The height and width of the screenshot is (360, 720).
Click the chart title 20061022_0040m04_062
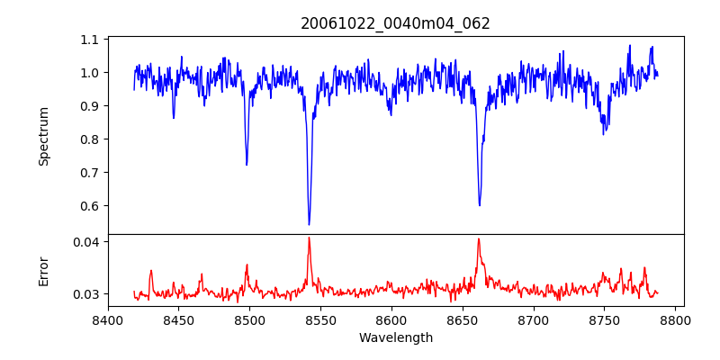395,23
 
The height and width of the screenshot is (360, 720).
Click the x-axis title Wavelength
395,338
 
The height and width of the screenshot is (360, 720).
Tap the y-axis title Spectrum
43,136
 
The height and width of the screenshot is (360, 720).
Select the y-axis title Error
43,271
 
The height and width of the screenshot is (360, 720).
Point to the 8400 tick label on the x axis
108,319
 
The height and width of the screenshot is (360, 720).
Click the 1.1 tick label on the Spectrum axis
90,40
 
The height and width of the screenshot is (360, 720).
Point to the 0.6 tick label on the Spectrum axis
90,206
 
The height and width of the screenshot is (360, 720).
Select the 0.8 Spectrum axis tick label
90,139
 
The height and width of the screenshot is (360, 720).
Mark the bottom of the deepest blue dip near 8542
309,224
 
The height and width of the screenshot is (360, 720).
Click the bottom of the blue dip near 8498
247,165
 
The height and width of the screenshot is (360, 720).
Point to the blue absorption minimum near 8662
480,205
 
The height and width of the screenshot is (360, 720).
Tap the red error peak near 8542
309,238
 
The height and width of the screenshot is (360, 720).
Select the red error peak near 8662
479,238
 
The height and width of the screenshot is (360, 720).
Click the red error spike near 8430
151,270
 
